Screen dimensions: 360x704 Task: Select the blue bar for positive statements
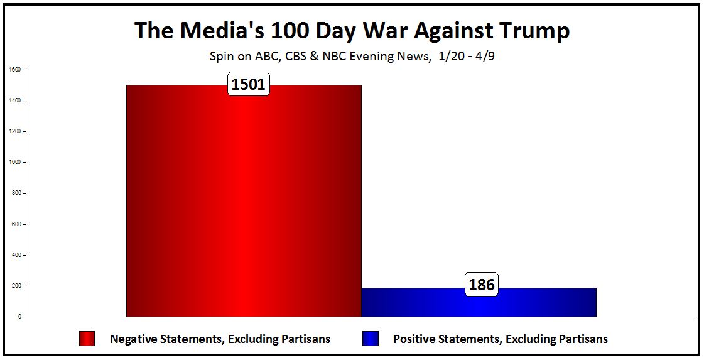point(479,303)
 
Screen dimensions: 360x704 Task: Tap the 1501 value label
point(249,85)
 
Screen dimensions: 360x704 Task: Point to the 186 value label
point(482,285)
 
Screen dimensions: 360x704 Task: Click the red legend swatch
point(87,339)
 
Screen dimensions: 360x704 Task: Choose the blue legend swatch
point(370,339)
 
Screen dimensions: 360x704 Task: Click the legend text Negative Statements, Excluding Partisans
point(220,339)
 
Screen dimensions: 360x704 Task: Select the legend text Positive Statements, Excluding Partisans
point(501,339)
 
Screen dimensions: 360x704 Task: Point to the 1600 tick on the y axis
point(14,70)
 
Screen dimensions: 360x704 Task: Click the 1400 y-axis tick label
point(14,101)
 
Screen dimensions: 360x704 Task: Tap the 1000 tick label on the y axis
point(14,162)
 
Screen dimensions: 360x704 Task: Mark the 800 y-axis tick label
point(16,193)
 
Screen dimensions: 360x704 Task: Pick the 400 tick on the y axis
point(16,255)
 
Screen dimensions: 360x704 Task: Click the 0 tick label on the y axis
point(19,317)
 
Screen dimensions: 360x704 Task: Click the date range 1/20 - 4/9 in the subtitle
point(468,56)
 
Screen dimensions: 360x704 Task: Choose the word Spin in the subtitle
point(220,57)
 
